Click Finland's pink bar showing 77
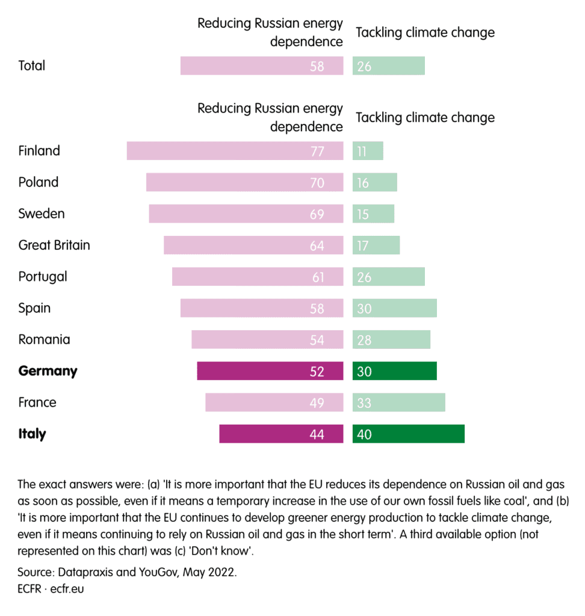(235, 151)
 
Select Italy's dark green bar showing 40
(408, 434)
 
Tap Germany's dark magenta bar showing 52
(270, 371)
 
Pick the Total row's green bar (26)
(388, 66)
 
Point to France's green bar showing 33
(398, 402)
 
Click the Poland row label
(39, 182)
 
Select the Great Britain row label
(54, 245)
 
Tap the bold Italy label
(32, 434)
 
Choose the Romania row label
(44, 339)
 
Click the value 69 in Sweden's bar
(317, 214)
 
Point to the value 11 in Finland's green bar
(362, 151)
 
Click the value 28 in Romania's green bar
(364, 340)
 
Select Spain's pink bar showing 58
(262, 308)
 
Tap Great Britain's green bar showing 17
(376, 245)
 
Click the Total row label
(32, 66)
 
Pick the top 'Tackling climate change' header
(425, 32)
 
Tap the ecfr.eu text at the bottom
(67, 588)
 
